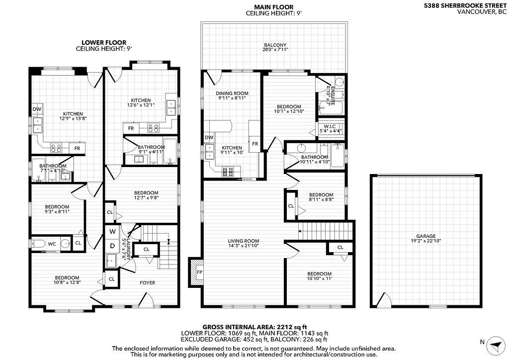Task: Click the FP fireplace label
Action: [200, 271]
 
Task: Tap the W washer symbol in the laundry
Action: [112, 231]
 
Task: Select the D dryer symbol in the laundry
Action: [112, 246]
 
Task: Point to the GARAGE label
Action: [426, 236]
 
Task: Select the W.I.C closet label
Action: [330, 126]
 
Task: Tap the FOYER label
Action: [147, 283]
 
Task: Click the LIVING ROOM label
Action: [244, 241]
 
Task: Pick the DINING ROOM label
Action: [232, 93]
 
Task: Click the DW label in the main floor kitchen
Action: [209, 138]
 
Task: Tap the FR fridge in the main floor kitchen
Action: [255, 144]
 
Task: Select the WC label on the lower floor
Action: [52, 244]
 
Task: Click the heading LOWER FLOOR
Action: [104, 43]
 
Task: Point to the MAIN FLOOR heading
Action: [274, 7]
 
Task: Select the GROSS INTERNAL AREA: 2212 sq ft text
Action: [255, 327]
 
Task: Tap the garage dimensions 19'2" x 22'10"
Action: [426, 241]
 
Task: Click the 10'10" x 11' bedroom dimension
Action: [320, 278]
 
